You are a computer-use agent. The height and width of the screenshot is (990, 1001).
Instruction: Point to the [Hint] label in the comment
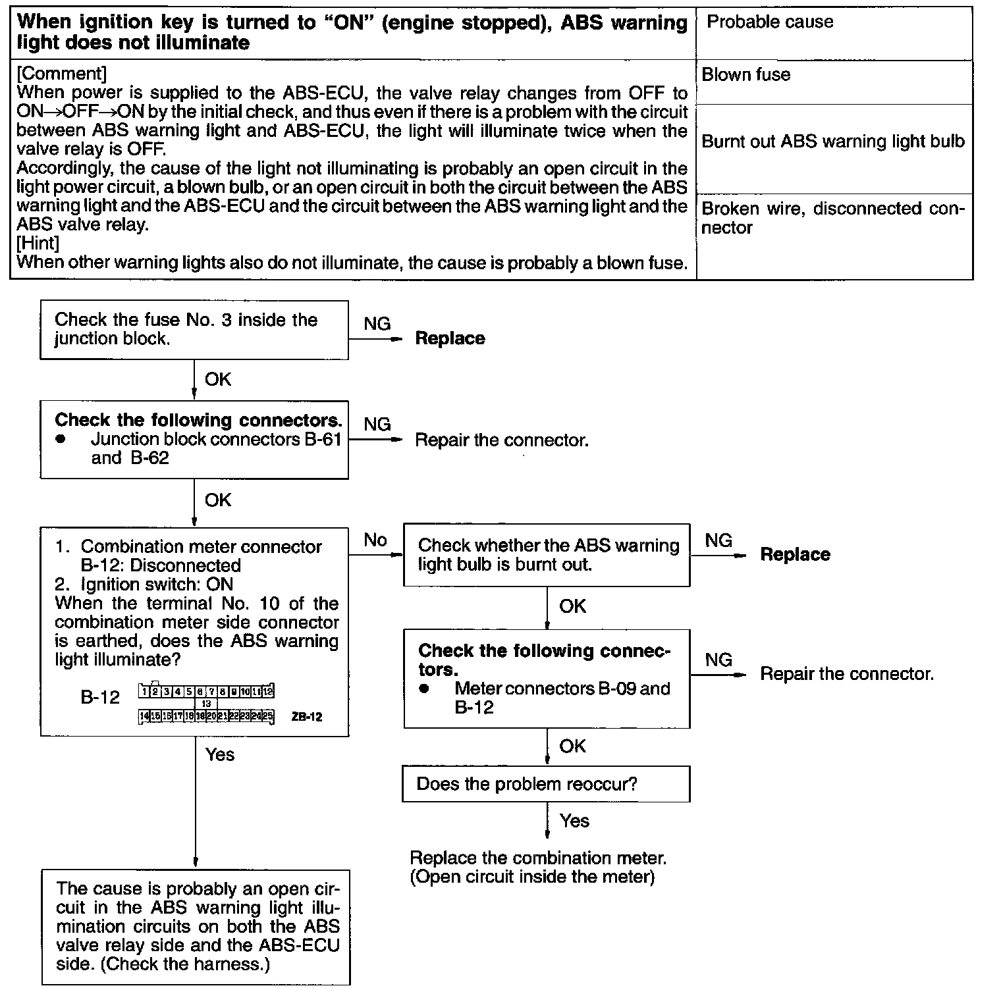(38, 244)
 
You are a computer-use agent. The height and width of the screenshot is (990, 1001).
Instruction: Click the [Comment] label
(61, 74)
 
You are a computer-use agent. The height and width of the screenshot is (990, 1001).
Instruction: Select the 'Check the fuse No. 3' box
(194, 330)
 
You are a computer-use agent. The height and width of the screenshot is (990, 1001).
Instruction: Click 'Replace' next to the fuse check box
(450, 339)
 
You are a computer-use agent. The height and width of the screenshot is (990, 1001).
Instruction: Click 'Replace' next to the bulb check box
(795, 555)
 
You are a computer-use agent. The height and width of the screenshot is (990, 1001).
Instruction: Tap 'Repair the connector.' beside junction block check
(501, 440)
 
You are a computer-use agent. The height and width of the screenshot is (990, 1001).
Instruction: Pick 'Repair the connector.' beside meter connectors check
(847, 674)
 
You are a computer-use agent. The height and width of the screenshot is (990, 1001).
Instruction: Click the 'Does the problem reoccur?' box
(546, 784)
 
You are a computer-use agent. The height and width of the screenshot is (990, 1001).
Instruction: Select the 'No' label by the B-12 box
(375, 540)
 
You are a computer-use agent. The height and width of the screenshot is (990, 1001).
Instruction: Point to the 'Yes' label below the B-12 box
(219, 754)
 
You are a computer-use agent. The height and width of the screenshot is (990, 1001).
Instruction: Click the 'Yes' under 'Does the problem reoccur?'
(574, 821)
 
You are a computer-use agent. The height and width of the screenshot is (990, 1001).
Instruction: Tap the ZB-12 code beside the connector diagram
(306, 717)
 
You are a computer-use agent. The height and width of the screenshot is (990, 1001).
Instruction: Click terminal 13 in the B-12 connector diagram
(205, 704)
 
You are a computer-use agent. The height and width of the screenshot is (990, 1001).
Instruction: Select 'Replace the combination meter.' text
(538, 858)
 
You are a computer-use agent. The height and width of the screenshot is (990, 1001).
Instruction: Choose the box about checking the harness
(196, 927)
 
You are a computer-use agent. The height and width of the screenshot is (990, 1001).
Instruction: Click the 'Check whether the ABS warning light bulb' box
(547, 555)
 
